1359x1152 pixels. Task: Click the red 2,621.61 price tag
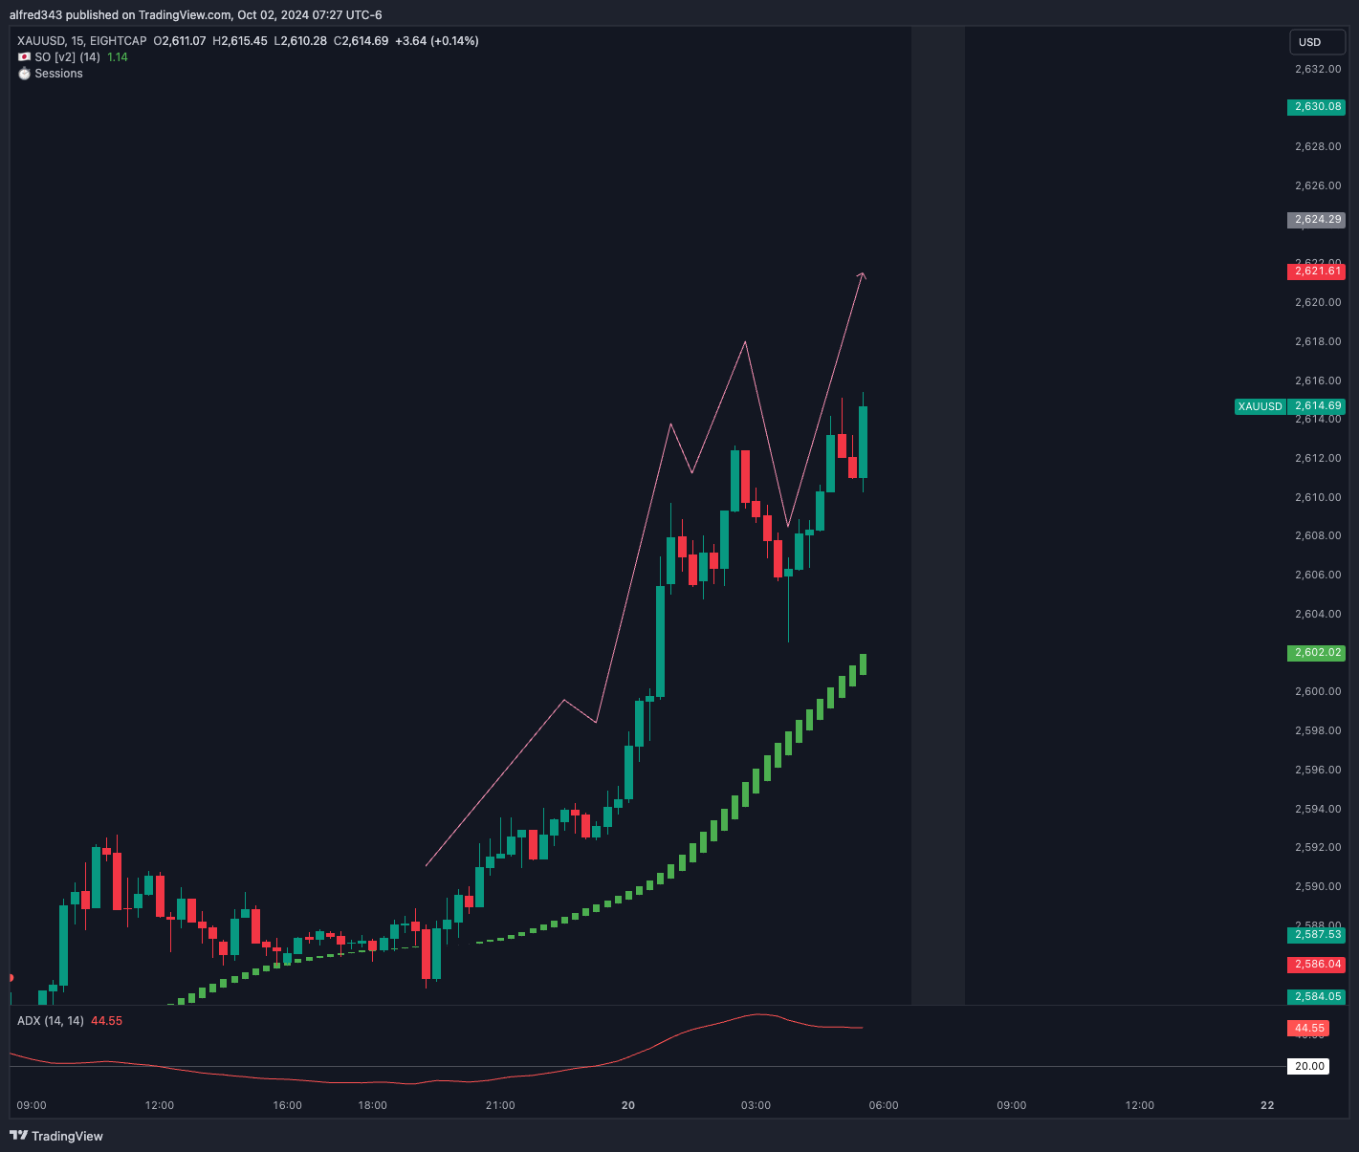[1316, 272]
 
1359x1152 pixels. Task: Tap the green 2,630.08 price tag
[1316, 107]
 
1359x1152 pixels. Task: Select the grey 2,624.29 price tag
[1316, 220]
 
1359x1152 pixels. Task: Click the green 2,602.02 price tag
[1316, 653]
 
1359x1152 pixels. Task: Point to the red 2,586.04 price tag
[1316, 965]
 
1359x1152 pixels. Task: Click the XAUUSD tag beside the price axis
[1260, 406]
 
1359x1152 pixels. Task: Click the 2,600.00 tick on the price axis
[1318, 691]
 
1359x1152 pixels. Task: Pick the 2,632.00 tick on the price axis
[1318, 69]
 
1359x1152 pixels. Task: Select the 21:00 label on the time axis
[500, 1105]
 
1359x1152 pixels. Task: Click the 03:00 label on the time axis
[756, 1105]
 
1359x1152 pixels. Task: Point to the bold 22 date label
[1267, 1105]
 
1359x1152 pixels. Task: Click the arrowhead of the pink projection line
[863, 275]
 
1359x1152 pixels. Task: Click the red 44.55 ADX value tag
[1309, 1029]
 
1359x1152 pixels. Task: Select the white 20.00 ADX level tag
[1309, 1066]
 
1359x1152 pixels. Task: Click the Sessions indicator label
[58, 74]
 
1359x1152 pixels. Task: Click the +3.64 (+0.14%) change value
[437, 41]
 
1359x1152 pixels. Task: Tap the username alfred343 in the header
[35, 15]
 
